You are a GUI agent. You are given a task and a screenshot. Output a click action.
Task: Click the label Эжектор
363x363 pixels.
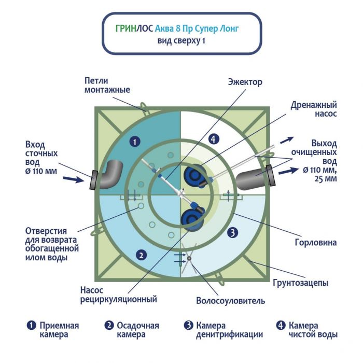[x=245, y=82]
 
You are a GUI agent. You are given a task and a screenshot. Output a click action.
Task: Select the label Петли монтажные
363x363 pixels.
[x=107, y=85]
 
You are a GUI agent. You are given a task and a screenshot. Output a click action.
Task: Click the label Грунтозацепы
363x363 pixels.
[x=300, y=283]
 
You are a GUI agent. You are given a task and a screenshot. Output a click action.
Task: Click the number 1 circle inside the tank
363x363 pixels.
[x=134, y=141]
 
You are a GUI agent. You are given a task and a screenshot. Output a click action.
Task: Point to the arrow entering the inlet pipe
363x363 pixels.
[x=72, y=179]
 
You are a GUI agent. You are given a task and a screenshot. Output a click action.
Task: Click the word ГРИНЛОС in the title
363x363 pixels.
[x=134, y=30]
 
